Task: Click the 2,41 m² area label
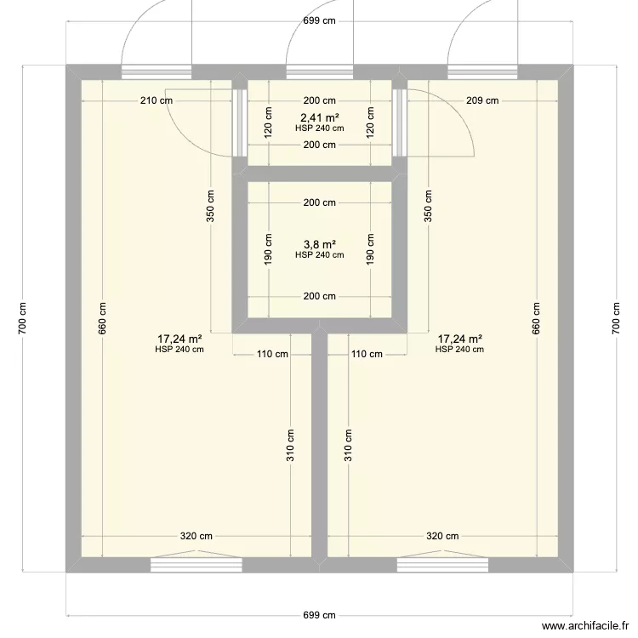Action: pos(319,118)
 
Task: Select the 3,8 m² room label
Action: pos(319,244)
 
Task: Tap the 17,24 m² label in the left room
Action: pos(179,339)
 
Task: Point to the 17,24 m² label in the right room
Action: pos(459,339)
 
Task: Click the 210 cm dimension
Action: pos(157,100)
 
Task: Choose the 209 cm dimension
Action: pos(482,100)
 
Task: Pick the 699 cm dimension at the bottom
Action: pos(319,614)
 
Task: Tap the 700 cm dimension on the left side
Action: pos(23,319)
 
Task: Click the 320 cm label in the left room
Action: pos(196,536)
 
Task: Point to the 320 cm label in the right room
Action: pos(442,536)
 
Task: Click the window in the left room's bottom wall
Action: pos(196,563)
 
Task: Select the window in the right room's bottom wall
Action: pos(441,563)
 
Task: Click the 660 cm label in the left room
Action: pos(102,319)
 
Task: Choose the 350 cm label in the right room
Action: pos(429,204)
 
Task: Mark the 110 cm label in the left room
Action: pos(272,354)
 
